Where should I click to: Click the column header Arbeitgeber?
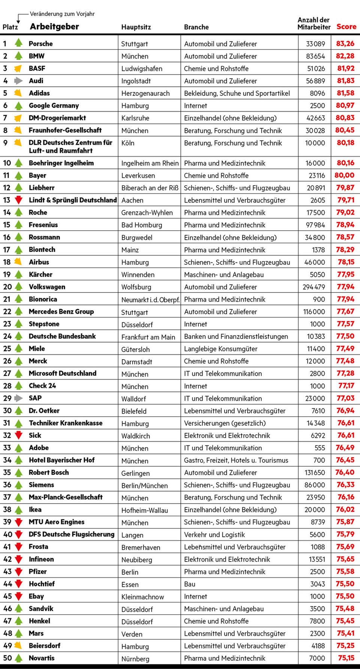[54, 27]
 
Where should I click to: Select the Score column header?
[346, 27]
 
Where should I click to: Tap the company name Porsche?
[40, 43]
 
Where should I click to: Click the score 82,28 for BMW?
[345, 56]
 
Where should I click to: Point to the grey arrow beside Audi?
[18, 81]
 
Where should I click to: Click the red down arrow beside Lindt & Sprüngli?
[18, 200]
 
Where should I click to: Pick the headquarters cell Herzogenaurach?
[145, 93]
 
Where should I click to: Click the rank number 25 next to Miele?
[7, 349]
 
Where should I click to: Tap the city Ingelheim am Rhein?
[150, 163]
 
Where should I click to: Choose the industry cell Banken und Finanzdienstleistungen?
[236, 336]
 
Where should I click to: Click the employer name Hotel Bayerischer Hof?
[61, 460]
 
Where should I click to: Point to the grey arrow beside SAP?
[18, 398]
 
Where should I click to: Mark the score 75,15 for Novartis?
[346, 658]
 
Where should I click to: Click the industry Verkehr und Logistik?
[214, 535]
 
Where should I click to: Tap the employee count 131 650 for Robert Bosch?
[315, 472]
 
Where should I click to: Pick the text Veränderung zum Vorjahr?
[62, 14]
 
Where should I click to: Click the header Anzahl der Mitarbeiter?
[314, 23]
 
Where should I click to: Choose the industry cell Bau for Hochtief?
[189, 584]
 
